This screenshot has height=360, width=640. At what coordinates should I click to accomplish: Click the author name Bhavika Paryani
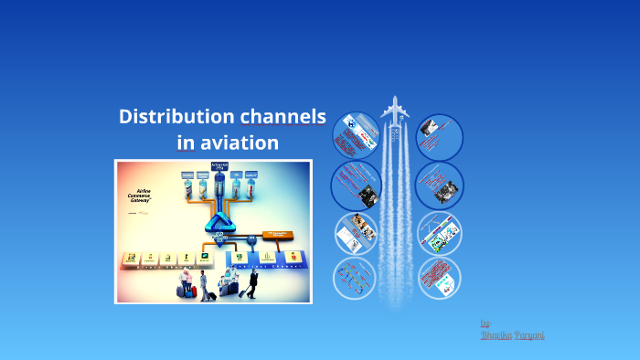pyautogui.click(x=512, y=335)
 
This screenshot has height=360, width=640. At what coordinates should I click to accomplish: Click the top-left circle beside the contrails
pyautogui.click(x=356, y=136)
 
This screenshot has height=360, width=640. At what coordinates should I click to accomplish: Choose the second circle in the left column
pyautogui.click(x=356, y=185)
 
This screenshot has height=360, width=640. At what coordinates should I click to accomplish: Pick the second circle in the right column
pyautogui.click(x=439, y=185)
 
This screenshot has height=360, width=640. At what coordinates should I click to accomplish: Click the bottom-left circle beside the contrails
pyautogui.click(x=356, y=277)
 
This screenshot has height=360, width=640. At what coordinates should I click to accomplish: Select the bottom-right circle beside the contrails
pyautogui.click(x=439, y=277)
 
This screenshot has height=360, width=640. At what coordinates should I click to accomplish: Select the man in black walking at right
pyautogui.click(x=252, y=280)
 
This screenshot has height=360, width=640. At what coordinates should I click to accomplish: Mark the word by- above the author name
pyautogui.click(x=485, y=323)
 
